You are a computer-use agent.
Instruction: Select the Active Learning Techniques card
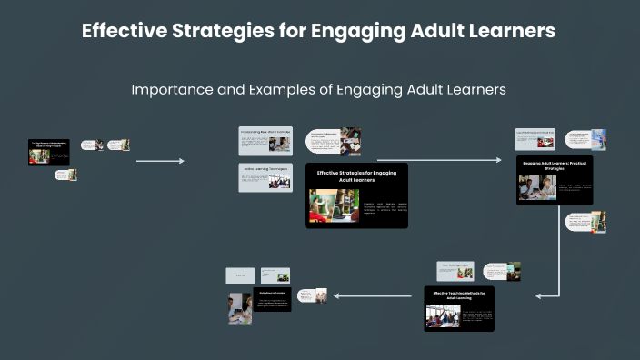(265, 177)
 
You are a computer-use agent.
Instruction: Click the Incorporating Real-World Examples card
(265, 141)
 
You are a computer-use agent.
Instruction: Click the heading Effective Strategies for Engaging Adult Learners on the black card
(356, 175)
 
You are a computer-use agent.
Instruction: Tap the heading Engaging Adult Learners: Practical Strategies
(555, 165)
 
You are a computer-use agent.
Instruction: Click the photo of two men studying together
(537, 187)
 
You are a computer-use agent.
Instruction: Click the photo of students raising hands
(444, 315)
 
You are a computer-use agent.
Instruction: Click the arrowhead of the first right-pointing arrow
(181, 161)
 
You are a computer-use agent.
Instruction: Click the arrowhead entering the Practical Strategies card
(498, 160)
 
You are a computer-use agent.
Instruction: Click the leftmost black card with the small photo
(49, 152)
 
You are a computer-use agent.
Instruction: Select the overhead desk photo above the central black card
(351, 140)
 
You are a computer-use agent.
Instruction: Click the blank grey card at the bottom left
(240, 275)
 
